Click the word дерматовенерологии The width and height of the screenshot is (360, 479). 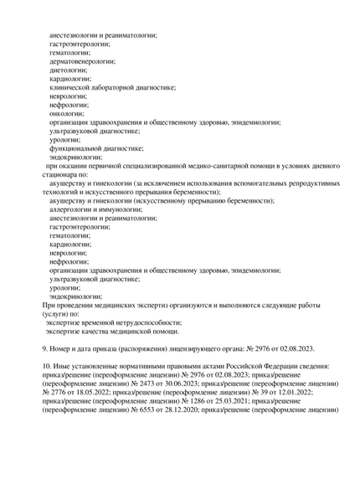[x=82, y=62]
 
